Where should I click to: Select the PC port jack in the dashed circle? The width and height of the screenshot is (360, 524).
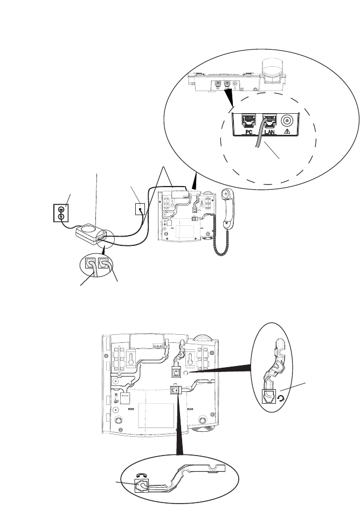[x=250, y=120]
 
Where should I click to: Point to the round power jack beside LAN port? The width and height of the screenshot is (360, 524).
[x=287, y=120]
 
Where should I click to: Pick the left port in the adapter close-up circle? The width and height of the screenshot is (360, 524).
[x=91, y=264]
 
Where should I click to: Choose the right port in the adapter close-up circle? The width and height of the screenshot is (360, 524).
[x=104, y=264]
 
